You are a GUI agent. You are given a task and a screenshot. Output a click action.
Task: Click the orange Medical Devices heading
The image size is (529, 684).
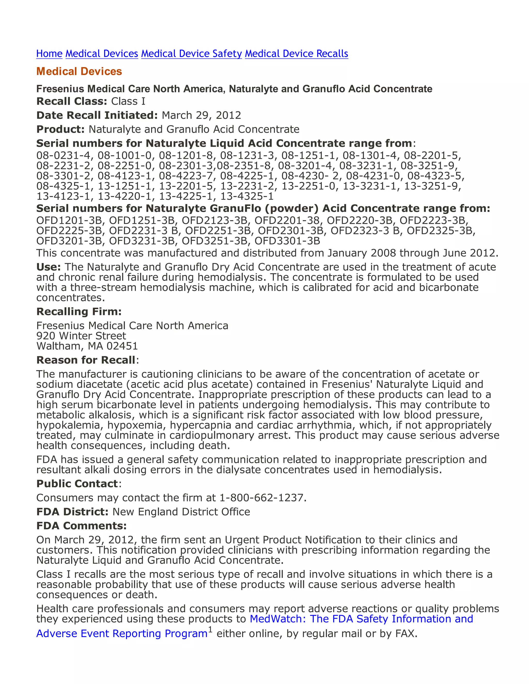pyautogui.click(x=79, y=71)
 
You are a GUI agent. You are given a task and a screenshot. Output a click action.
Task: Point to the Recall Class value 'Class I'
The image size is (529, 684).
pyautogui.click(x=128, y=101)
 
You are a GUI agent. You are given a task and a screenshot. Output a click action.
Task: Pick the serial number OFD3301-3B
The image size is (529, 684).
pyautogui.click(x=287, y=241)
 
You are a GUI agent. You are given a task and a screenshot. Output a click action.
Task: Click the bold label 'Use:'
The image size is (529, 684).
pyautogui.click(x=49, y=267)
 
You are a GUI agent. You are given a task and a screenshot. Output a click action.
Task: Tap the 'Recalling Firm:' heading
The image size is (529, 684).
pyautogui.click(x=79, y=312)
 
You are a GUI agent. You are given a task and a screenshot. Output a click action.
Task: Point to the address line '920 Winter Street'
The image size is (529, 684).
pyautogui.click(x=81, y=336)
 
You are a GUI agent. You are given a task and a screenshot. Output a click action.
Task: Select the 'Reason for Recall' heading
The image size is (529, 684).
pyautogui.click(x=86, y=360)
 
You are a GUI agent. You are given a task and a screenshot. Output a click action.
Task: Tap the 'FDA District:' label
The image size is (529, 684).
pyautogui.click(x=72, y=512)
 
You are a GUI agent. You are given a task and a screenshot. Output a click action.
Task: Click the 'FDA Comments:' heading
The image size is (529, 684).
pyautogui.click(x=81, y=526)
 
